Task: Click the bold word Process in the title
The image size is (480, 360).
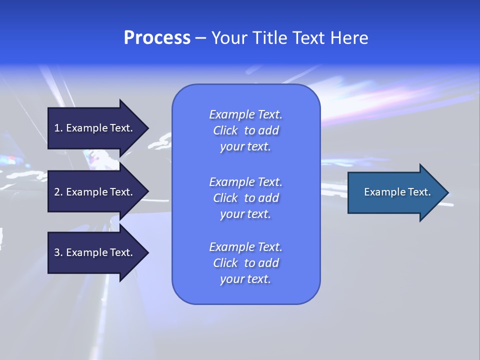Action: click(x=157, y=38)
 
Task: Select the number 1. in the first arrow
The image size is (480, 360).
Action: click(x=58, y=128)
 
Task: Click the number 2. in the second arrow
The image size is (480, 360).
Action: click(x=58, y=192)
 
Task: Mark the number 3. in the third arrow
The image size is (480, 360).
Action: click(x=58, y=252)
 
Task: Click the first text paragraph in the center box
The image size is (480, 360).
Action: click(x=245, y=130)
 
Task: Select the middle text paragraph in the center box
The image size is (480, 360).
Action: click(x=245, y=197)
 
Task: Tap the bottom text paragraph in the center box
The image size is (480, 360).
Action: click(x=245, y=263)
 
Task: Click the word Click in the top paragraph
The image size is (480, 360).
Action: click(x=225, y=130)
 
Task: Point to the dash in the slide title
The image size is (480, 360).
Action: click(x=200, y=38)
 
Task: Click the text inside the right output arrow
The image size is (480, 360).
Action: click(x=397, y=192)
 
